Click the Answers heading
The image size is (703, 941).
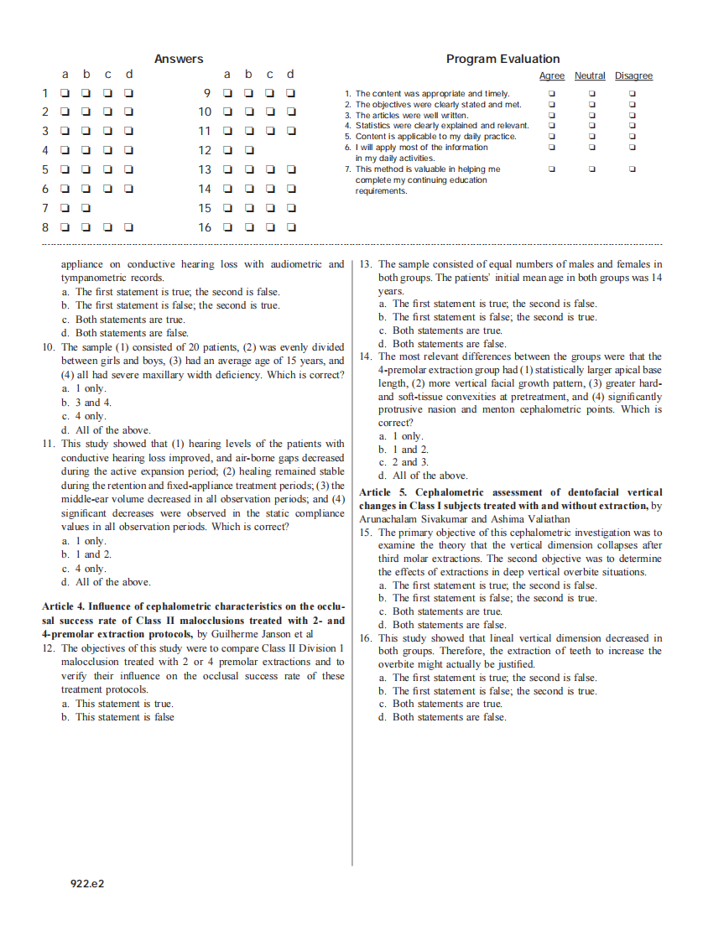179,59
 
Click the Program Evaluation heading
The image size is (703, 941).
503,59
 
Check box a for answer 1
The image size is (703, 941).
65,93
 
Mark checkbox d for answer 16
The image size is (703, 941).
291,226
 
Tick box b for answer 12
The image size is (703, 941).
249,150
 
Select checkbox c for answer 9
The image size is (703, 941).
270,93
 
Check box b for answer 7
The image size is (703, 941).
86,207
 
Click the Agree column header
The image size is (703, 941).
551,76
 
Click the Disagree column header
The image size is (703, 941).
633,76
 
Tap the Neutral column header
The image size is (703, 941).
590,76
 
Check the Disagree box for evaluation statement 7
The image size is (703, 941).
633,169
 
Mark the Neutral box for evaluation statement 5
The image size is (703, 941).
591,137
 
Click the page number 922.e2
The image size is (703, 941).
86,883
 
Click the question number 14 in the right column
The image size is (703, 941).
366,356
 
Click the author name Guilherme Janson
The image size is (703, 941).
253,634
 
